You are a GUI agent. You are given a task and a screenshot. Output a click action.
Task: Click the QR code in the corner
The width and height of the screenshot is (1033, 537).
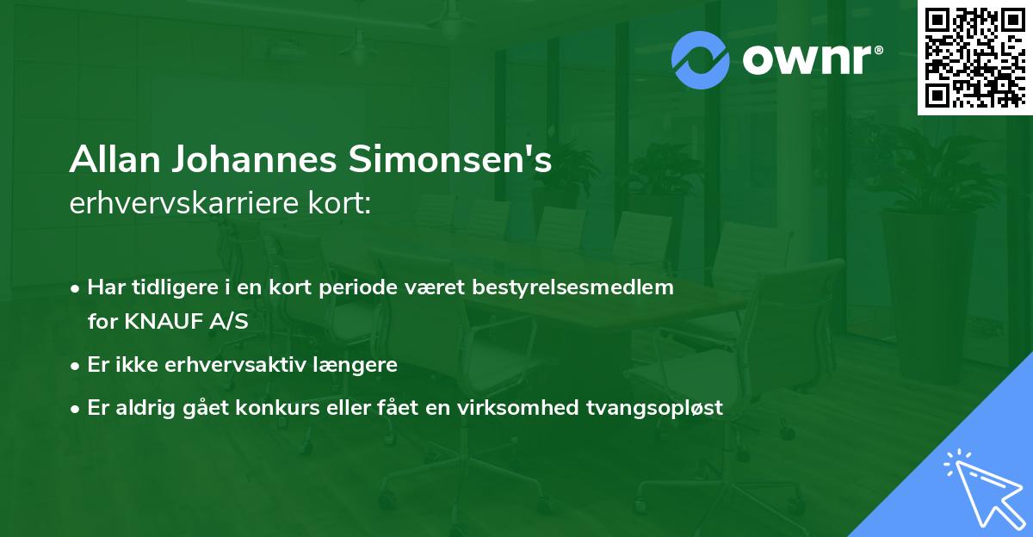974,58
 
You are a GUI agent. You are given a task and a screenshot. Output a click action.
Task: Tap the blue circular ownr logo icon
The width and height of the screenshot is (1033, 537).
700,59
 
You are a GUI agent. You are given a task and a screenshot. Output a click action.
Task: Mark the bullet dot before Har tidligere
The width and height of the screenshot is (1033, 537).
77,288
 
